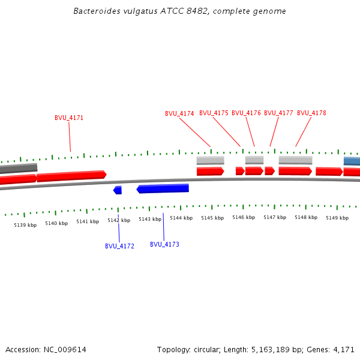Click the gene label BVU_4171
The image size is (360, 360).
[x=69, y=118]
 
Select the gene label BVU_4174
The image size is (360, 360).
[x=179, y=113]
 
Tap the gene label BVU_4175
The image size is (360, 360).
[x=214, y=113]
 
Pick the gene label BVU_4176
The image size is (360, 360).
[x=246, y=113]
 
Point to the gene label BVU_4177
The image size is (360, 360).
[x=278, y=113]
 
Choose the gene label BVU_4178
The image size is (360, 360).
[x=311, y=113]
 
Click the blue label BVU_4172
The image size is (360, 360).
[x=119, y=246]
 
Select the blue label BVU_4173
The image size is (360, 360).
[x=164, y=244]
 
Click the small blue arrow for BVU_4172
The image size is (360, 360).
[x=118, y=190]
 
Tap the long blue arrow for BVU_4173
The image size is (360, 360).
[x=163, y=188]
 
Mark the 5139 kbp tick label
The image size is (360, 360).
[x=25, y=225]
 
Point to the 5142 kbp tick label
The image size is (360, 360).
[x=119, y=220]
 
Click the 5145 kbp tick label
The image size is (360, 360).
[x=212, y=218]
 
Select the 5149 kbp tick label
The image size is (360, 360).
[x=337, y=218]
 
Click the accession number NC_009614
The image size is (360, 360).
[x=65, y=349]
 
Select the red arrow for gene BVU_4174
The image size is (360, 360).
[x=210, y=172]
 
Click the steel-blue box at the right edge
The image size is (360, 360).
[x=352, y=161]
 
